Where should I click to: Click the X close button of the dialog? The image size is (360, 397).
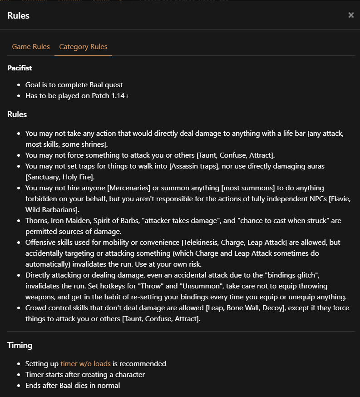coord(351,15)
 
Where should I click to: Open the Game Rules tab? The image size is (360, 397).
coord(31,47)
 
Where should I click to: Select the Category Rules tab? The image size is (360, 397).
coord(83,47)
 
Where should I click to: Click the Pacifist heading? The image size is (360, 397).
coord(20,68)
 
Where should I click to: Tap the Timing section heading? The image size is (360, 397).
coord(20,345)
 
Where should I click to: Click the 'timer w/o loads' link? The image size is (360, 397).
coord(85,364)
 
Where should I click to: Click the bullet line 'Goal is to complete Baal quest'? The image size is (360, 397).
coord(74,85)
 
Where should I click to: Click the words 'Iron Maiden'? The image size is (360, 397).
coord(71,221)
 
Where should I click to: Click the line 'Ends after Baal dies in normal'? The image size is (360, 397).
coord(73,386)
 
